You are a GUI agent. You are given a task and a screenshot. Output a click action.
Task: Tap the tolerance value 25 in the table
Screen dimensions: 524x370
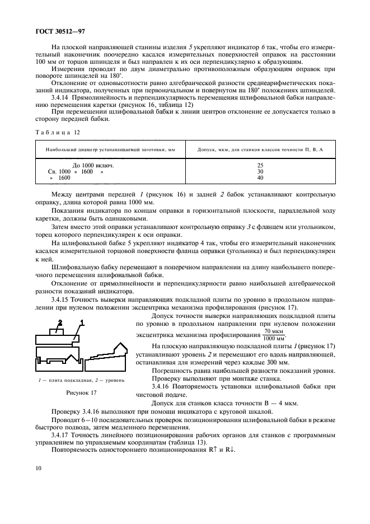[260, 166]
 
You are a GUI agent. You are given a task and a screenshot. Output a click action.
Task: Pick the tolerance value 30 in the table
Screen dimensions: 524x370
[260, 172]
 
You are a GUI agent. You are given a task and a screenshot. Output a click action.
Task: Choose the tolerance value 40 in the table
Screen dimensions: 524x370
[260, 178]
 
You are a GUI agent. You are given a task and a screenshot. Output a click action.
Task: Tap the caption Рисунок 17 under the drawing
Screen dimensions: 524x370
[82, 392]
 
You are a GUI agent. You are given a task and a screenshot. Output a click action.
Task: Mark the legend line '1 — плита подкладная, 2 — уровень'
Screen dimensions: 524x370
[82, 380]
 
